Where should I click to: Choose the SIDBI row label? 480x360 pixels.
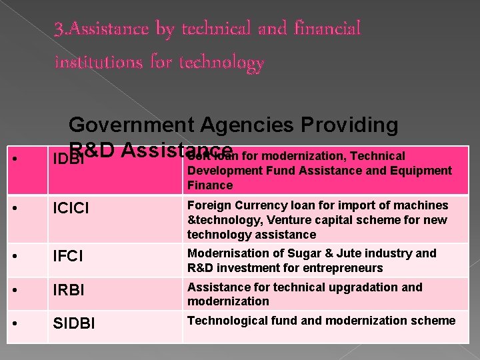click(73, 323)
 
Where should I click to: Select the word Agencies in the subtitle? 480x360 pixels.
click(254, 125)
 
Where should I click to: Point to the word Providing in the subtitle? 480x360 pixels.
click(357, 125)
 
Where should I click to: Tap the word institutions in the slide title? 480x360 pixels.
click(95, 63)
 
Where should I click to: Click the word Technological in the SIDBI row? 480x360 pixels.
click(223, 321)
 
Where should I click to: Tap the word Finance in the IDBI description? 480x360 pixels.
click(210, 185)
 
